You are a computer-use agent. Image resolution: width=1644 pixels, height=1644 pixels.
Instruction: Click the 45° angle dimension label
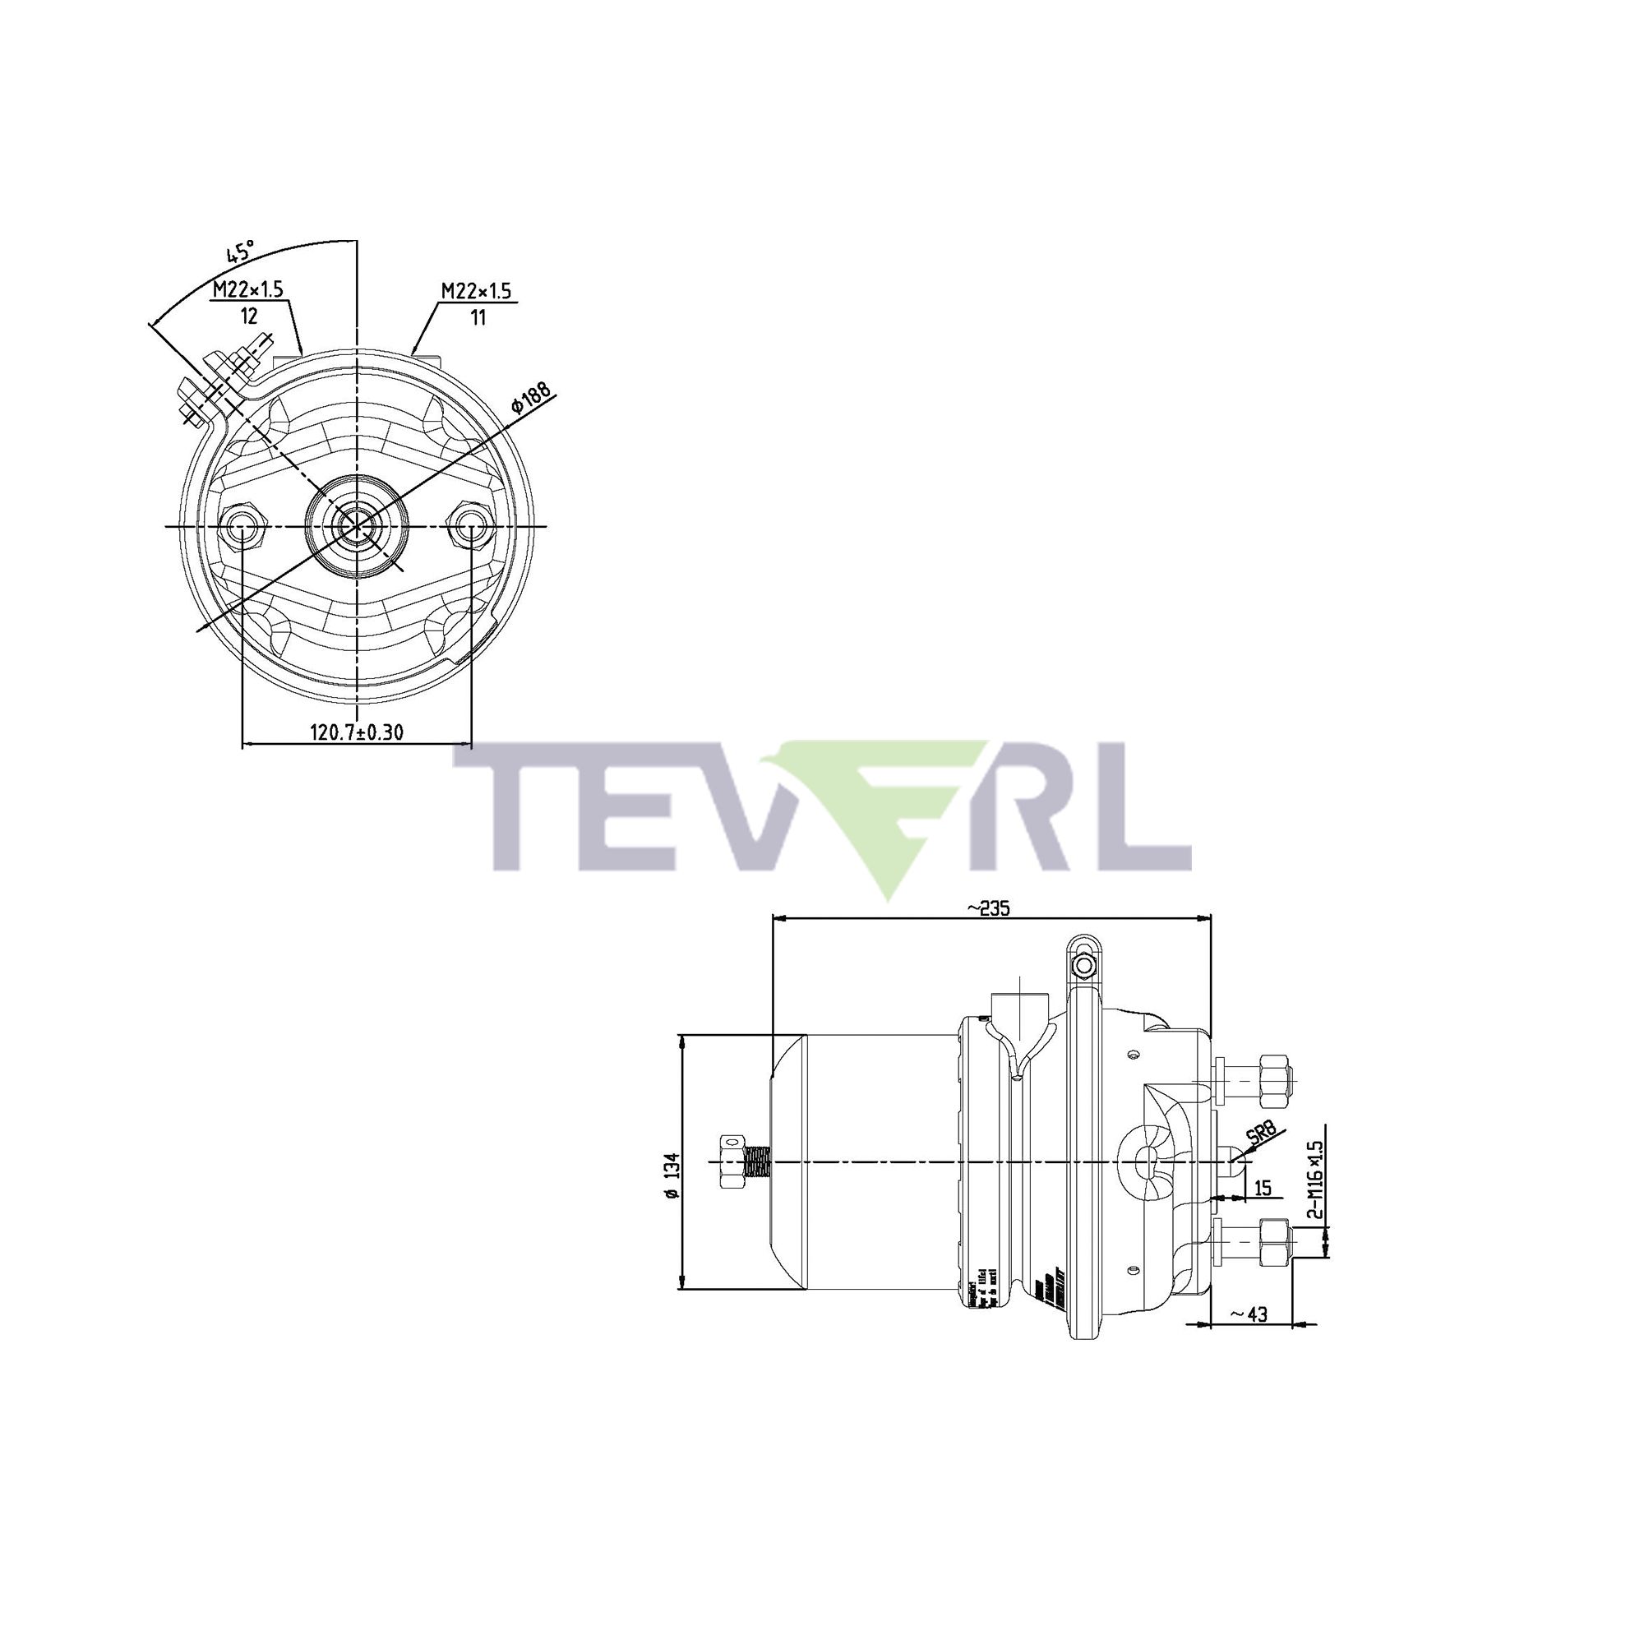click(x=240, y=252)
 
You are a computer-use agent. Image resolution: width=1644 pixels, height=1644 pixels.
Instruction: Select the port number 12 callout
click(x=248, y=316)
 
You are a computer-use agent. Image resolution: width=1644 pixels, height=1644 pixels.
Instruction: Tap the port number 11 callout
click(x=478, y=317)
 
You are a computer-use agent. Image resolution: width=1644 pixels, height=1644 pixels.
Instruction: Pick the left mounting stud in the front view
click(x=242, y=528)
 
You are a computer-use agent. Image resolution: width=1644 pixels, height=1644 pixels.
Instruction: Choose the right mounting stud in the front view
click(x=470, y=528)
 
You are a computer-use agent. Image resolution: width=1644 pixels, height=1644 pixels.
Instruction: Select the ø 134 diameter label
click(x=672, y=1176)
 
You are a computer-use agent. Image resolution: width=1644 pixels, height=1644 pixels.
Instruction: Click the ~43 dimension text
click(x=1249, y=1314)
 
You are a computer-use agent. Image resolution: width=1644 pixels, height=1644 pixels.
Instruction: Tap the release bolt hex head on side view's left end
click(x=731, y=1161)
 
